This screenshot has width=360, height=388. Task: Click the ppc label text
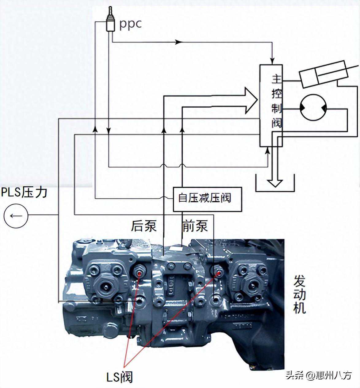[130, 24]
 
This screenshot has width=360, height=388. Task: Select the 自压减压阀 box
[207, 199]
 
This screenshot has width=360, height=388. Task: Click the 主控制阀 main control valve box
[271, 105]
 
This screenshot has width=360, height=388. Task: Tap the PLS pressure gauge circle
[16, 215]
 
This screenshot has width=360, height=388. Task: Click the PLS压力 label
[25, 192]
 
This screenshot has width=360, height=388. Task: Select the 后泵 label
[144, 226]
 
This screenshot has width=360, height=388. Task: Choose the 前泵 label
[195, 226]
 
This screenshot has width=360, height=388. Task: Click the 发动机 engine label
[300, 295]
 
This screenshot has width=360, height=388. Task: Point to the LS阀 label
[120, 377]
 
